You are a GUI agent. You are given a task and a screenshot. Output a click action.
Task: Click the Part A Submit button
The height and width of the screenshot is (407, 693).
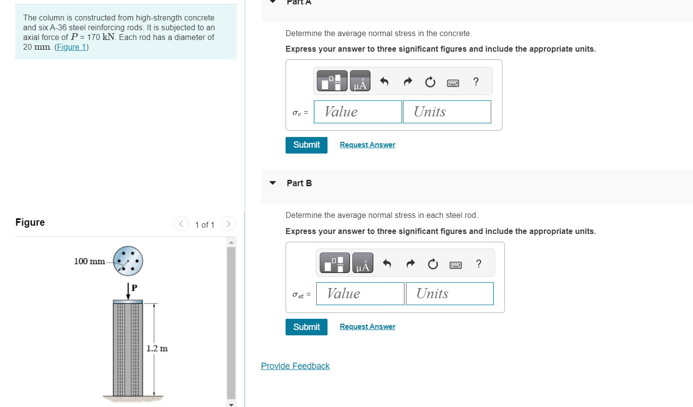[306, 145]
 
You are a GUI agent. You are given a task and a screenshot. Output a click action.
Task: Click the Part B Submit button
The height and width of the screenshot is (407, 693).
[306, 327]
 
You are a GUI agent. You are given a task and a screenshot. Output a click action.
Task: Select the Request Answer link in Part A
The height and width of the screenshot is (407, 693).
[367, 145]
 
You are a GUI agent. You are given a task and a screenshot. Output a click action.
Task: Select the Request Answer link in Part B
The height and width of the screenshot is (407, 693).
[367, 327]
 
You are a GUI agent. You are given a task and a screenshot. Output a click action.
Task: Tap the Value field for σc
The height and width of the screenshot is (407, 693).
[358, 112]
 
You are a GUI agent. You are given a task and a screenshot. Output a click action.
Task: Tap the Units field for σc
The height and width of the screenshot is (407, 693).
[446, 112]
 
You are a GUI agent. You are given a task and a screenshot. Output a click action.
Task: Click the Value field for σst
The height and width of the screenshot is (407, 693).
[360, 293]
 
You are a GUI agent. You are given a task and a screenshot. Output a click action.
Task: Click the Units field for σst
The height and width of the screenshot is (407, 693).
[449, 293]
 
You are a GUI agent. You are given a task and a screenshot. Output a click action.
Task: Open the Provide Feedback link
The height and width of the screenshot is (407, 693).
[295, 366]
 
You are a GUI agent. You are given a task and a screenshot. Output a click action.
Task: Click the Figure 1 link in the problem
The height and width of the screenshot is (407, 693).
[71, 47]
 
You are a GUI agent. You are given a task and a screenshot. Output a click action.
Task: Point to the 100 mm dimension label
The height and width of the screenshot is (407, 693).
[89, 261]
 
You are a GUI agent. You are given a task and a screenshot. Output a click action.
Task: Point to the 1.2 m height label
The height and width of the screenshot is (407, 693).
[157, 349]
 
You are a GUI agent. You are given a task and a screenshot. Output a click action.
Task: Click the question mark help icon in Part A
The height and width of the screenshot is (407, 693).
[476, 81]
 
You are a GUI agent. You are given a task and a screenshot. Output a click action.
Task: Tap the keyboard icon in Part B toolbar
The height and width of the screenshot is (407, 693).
[456, 265]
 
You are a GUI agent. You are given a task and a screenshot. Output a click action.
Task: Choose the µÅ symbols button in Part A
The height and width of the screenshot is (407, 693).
[360, 81]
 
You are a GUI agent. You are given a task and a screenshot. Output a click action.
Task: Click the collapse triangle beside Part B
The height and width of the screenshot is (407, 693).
[273, 183]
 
